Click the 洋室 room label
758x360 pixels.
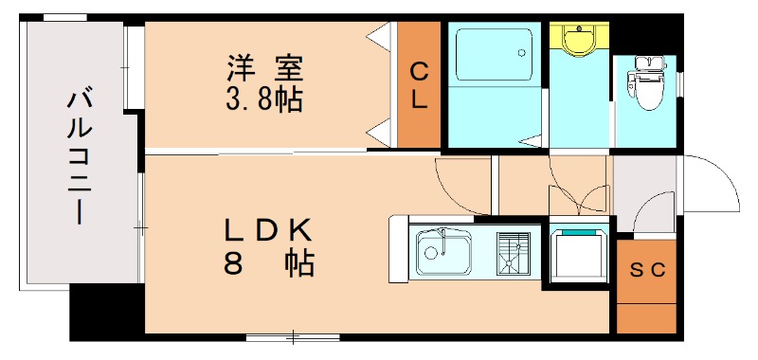point(264,68)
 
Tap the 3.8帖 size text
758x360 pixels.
point(264,99)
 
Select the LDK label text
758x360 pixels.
point(268,230)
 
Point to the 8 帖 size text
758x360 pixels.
point(268,263)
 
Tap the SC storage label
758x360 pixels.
point(648,268)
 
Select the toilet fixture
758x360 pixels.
point(648,85)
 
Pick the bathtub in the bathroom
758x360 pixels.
point(492,56)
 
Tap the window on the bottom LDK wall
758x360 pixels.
point(293,336)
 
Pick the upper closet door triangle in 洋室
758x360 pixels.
point(381,37)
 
